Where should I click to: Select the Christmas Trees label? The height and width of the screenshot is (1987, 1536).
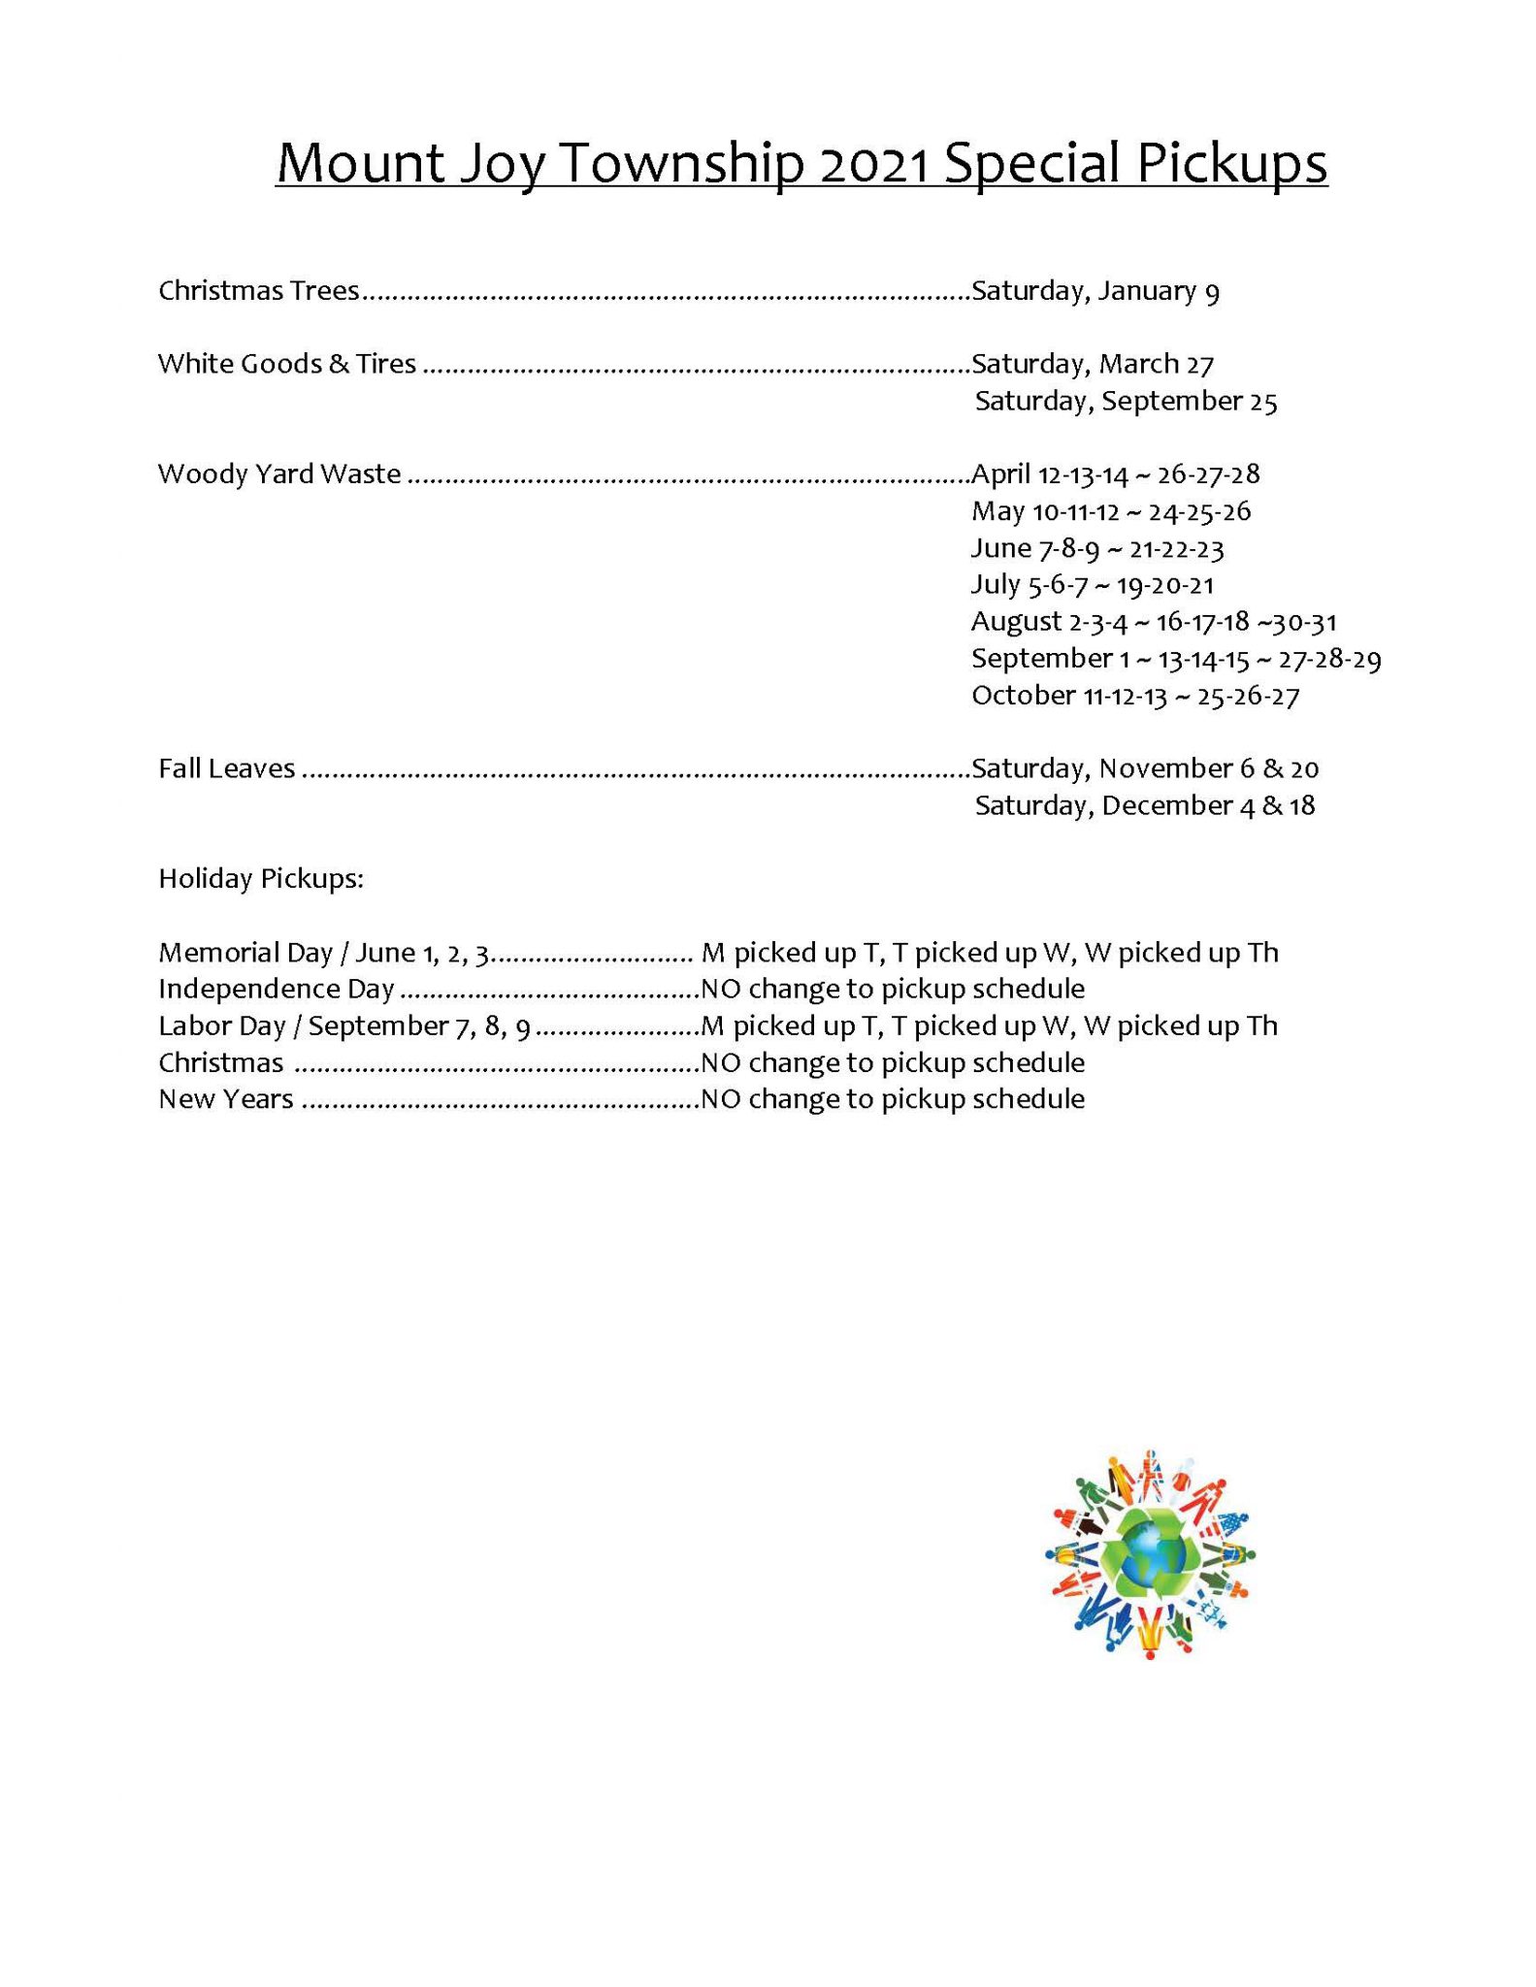[x=258, y=290]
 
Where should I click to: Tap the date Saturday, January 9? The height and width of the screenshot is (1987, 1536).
[x=1095, y=290]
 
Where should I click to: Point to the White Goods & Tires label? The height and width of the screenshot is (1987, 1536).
[x=287, y=363]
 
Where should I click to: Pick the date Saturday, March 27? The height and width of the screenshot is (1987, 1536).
[x=1093, y=363]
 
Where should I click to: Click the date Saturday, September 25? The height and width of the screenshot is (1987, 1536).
[x=1126, y=401]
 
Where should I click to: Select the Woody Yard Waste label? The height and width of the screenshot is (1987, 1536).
[x=279, y=473]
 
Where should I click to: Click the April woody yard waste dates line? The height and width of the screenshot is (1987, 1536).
[x=1115, y=473]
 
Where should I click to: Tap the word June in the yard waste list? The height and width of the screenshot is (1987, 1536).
[x=999, y=548]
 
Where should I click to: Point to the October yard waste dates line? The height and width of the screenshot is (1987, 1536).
[x=1135, y=695]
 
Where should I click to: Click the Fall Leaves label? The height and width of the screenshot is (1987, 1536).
[x=226, y=768]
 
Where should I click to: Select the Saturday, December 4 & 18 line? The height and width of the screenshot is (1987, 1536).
[x=1145, y=805]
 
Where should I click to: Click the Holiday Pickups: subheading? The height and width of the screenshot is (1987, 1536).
[x=261, y=879]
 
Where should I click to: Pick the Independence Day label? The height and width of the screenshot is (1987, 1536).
[x=277, y=989]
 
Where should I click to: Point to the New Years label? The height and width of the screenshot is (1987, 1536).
[x=226, y=1099]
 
